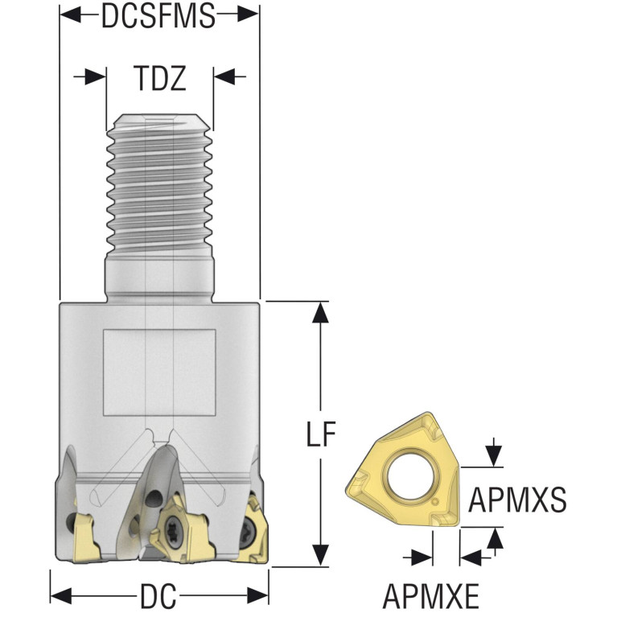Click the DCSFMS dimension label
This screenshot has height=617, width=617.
158,16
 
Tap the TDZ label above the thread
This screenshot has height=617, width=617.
159,78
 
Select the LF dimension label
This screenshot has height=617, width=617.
321,434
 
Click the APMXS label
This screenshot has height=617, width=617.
517,499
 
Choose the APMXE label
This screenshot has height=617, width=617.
431,596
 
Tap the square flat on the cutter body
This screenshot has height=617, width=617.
159,372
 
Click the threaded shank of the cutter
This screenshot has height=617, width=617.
159,185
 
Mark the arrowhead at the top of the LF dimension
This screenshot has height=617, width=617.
321,312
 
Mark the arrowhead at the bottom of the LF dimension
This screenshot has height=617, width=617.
321,556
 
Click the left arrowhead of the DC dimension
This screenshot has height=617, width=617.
61,595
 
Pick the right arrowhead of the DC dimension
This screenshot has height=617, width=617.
257,595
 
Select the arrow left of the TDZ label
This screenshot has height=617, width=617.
90,76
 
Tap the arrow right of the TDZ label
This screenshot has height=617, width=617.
230,76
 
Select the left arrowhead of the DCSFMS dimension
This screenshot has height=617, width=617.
70,15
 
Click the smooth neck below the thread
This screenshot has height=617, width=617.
159,278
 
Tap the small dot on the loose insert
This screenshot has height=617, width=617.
434,503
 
